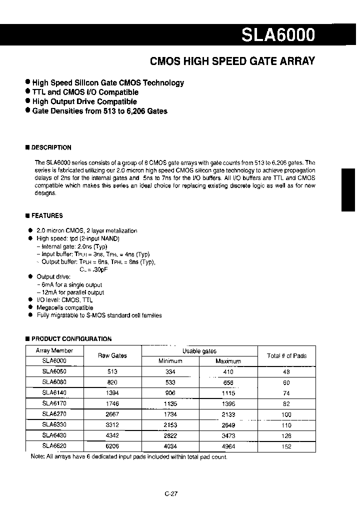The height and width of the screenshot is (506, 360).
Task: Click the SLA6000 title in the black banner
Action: point(278,34)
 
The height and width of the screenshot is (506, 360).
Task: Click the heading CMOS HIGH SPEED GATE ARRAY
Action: point(232,61)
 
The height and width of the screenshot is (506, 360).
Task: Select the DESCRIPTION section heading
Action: point(51,147)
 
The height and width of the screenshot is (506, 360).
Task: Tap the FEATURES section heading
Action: point(47,215)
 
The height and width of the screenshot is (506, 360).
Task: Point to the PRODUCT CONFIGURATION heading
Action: point(71,338)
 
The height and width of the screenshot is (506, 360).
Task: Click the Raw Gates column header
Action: point(112,355)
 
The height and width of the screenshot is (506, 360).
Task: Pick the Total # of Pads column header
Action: point(286,355)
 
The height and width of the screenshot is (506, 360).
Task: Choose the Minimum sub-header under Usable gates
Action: point(170,361)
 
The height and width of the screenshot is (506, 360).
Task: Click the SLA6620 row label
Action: point(54,446)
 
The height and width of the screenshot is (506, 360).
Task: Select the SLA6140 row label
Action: point(54,393)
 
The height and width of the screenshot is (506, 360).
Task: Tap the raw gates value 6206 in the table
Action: point(112,446)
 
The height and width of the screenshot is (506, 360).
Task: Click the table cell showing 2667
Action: point(112,414)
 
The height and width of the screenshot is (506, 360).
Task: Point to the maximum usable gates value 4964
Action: point(228,446)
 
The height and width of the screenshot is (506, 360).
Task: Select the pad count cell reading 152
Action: point(286,446)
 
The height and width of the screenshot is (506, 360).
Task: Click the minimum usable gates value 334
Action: point(170,372)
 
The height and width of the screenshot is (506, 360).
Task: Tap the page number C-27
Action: point(171,493)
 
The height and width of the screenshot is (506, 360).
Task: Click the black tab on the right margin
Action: point(348,190)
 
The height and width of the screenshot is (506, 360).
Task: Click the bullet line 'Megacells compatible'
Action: point(65,307)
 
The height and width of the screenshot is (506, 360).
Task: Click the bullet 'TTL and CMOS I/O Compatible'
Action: point(85,92)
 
